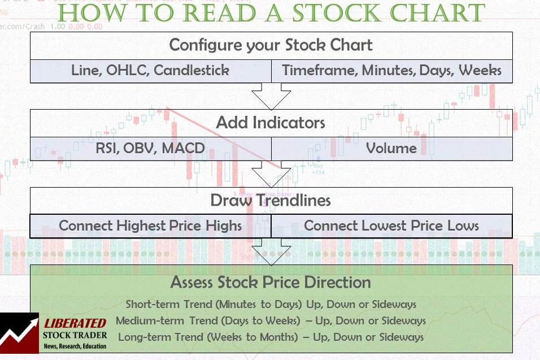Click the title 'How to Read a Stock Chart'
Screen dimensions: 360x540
coord(271,14)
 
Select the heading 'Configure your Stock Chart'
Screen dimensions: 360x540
coord(271,45)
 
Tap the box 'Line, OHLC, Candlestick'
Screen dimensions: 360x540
coord(150,71)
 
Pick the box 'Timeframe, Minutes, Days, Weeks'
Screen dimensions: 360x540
coord(391,71)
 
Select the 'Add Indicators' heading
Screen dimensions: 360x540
coord(271,123)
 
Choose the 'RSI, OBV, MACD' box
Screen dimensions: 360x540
coord(150,149)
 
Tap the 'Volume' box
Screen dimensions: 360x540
coord(391,149)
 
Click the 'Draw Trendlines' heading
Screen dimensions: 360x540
coord(271,200)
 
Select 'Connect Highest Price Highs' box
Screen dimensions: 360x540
coord(150,226)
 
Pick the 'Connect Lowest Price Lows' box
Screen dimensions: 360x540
coord(391,226)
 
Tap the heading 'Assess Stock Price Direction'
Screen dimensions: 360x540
coord(271,282)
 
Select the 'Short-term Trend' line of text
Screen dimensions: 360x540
coord(271,304)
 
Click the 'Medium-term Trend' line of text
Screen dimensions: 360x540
coord(271,320)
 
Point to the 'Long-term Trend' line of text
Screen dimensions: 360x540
coord(271,337)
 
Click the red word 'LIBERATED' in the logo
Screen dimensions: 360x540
coord(75,323)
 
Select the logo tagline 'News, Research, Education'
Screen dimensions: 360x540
coord(75,346)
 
